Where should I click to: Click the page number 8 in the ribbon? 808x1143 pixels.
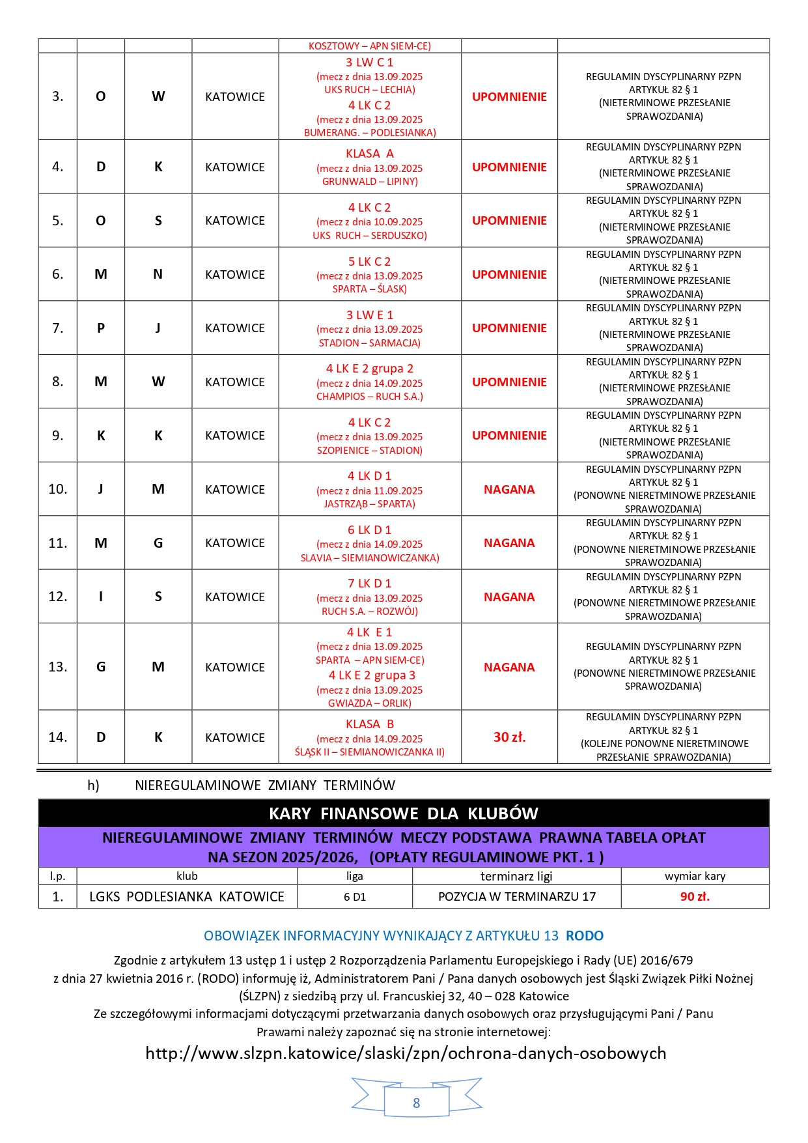[x=416, y=1103]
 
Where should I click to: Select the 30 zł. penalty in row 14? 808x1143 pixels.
[x=509, y=737]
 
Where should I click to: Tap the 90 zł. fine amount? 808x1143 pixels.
[x=695, y=896]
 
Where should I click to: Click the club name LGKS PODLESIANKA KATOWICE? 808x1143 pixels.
[x=187, y=896]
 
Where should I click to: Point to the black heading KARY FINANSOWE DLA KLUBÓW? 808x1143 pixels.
[x=404, y=813]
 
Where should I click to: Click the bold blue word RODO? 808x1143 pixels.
[x=584, y=936]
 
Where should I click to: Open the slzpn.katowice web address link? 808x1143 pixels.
[x=406, y=1053]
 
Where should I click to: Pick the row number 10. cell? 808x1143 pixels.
[x=58, y=489]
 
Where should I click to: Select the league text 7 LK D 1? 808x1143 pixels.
[x=369, y=584]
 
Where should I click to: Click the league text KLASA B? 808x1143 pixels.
[x=369, y=724]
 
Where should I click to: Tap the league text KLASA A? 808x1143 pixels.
[x=369, y=154]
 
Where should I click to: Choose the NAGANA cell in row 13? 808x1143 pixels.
[x=509, y=667]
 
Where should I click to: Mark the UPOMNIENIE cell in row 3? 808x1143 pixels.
[x=509, y=96]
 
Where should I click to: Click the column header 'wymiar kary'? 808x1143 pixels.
[x=695, y=876]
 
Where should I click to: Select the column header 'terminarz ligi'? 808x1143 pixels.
[x=516, y=876]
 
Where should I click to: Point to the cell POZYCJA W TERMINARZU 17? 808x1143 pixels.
[x=516, y=896]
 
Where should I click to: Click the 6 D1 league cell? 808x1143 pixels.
[x=355, y=897]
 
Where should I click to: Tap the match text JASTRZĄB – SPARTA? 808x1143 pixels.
[x=369, y=504]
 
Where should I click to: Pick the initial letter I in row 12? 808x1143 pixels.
[x=101, y=597]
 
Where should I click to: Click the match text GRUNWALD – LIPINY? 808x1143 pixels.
[x=369, y=182]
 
